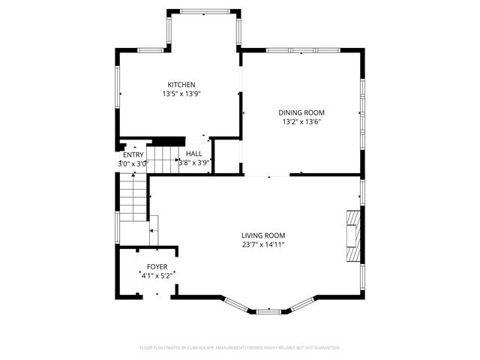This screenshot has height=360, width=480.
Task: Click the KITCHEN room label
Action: click(181, 85)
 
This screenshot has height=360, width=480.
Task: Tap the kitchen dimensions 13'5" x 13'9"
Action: click(181, 94)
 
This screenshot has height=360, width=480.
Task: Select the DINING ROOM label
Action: click(303, 112)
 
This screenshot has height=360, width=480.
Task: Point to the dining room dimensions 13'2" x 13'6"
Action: click(303, 121)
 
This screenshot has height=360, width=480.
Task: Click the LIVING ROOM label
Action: click(262, 235)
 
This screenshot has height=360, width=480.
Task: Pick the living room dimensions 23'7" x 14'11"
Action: click(262, 244)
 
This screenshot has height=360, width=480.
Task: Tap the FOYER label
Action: click(157, 267)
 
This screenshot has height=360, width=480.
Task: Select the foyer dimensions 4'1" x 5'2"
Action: click(157, 276)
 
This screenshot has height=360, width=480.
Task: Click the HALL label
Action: click(194, 153)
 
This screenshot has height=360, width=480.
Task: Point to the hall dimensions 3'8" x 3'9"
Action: click(194, 162)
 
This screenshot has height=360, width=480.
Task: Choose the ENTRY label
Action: click(133, 155)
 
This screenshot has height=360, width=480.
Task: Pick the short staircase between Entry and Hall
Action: click(160, 157)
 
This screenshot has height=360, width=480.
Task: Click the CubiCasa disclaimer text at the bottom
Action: click(240, 348)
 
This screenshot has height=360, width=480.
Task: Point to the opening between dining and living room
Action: click(266, 175)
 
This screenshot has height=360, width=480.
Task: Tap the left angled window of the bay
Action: click(236, 304)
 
